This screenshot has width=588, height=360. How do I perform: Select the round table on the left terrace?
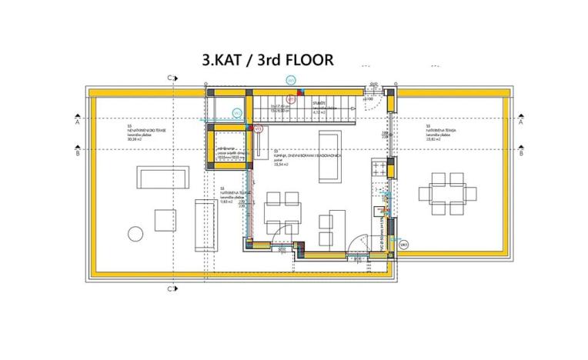click(135, 234)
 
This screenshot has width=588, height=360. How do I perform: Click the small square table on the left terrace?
click(165, 220)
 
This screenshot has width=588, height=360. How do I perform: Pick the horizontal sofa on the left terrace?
click(155, 177)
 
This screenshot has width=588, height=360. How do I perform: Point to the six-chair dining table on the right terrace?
click(446, 193)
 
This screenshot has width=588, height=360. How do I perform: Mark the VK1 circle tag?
click(404, 244)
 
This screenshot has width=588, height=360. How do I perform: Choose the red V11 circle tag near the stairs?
click(291, 99)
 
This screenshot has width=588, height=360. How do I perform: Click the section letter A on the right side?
click(521, 122)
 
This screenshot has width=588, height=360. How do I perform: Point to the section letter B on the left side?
click(78, 153)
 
